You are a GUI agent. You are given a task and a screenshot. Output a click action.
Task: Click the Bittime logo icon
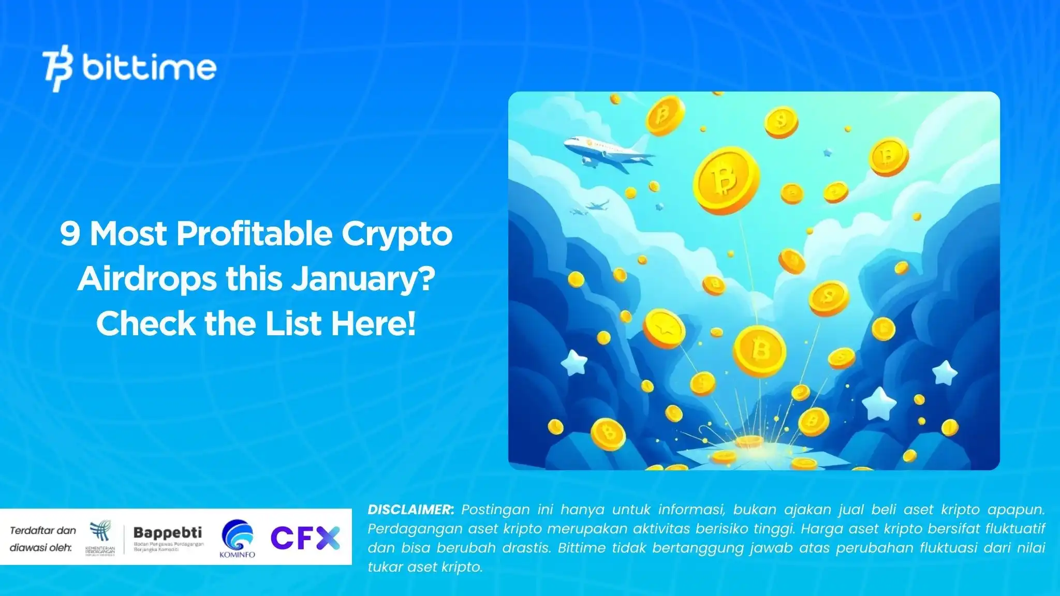click(57, 68)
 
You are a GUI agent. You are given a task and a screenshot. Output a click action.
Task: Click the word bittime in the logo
click(149, 67)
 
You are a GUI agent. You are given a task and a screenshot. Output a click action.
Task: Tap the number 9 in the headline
click(70, 234)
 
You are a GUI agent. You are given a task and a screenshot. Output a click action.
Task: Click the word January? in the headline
click(363, 280)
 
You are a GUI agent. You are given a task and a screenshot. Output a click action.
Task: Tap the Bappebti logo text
click(168, 532)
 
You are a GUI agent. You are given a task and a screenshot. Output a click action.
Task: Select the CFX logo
click(305, 538)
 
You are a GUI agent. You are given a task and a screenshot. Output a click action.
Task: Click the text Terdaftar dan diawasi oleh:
click(42, 539)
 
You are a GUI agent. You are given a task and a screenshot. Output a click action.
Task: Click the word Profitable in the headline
click(255, 234)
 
